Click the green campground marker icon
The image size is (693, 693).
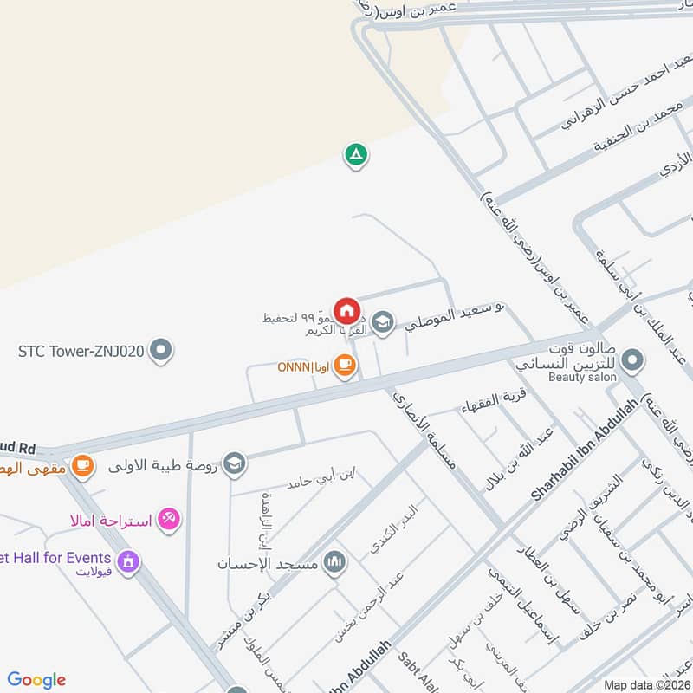pos(356,156)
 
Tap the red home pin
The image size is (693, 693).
pos(346,309)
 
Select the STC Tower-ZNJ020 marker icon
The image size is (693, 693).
pos(160,351)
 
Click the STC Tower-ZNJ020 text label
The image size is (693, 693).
pos(81,352)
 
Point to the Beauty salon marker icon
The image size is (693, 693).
pos(633,359)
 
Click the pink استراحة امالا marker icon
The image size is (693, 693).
pos(170,520)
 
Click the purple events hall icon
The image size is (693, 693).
pos(128,561)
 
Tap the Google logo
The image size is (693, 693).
pos(36,680)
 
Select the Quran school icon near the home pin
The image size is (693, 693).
pos(382,324)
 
